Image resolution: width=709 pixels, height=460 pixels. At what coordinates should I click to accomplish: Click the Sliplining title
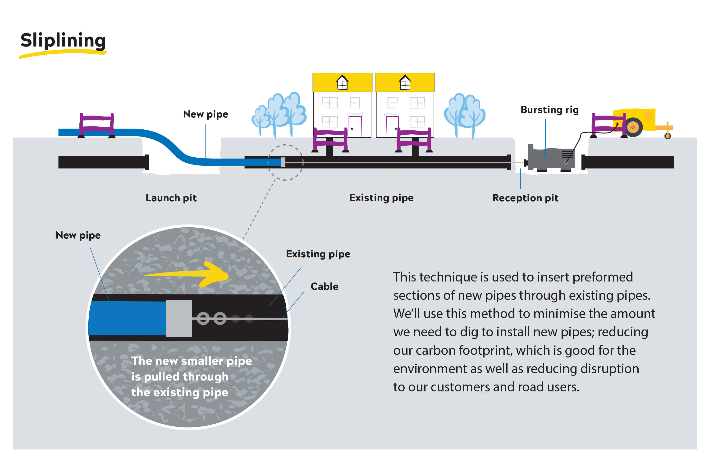click(63, 40)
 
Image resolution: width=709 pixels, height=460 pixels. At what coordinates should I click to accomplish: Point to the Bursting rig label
click(550, 110)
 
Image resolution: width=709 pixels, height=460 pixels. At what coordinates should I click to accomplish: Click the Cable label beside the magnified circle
click(325, 286)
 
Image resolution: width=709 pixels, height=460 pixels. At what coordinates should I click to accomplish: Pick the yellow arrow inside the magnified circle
click(191, 274)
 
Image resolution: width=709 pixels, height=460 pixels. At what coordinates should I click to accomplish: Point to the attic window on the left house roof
click(342, 83)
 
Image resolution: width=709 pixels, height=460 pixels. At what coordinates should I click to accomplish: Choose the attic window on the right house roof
click(405, 83)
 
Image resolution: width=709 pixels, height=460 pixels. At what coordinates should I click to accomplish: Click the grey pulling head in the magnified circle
click(179, 318)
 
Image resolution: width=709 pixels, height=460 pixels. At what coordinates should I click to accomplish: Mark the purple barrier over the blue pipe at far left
click(96, 125)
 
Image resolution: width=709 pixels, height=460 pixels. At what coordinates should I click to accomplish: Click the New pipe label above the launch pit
click(206, 114)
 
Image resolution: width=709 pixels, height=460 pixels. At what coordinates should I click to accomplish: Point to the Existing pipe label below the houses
click(381, 198)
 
